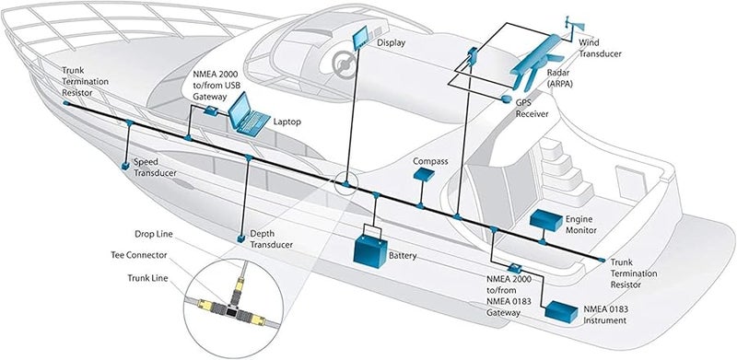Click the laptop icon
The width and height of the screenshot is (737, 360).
coord(246,116)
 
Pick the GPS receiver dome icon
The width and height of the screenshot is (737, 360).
coord(506,97)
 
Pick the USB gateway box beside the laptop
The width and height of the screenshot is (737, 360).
coord(211,109)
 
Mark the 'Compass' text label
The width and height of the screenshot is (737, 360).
coord(430,161)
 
